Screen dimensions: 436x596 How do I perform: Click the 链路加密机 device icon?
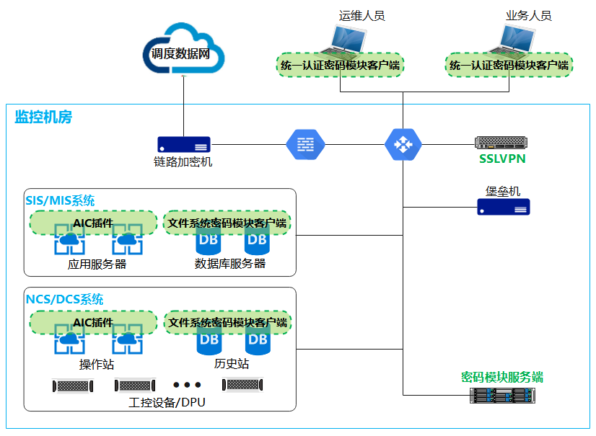coord(183,143)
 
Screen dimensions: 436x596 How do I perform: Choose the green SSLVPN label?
coord(502,159)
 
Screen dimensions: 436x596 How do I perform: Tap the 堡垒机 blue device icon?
coord(503,208)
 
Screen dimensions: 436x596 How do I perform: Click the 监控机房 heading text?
coord(43,117)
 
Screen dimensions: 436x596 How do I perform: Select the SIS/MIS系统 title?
coord(61,200)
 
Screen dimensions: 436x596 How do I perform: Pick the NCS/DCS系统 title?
coord(65,299)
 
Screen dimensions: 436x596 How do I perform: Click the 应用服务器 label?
coord(97,264)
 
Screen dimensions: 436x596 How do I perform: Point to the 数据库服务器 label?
coord(230,264)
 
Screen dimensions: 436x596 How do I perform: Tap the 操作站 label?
coord(97,364)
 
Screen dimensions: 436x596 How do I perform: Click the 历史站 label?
coord(232,364)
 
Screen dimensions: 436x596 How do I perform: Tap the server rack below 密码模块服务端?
coord(503,395)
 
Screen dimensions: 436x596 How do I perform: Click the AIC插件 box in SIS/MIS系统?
coord(93,223)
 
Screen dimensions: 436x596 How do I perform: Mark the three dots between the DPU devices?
coord(187,385)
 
